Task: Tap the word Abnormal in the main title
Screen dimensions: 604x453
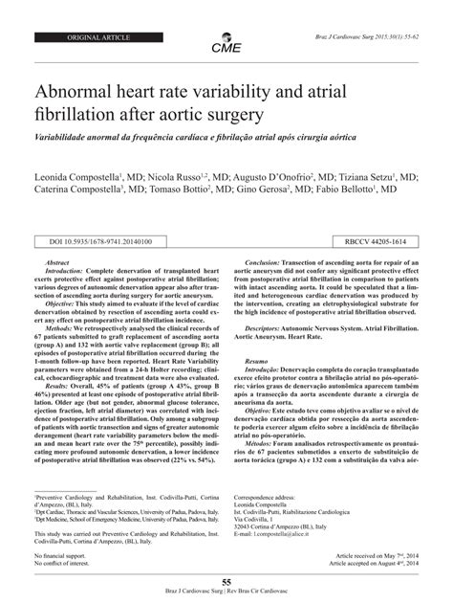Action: pos(80,94)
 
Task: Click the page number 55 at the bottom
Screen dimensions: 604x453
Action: pos(226,581)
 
